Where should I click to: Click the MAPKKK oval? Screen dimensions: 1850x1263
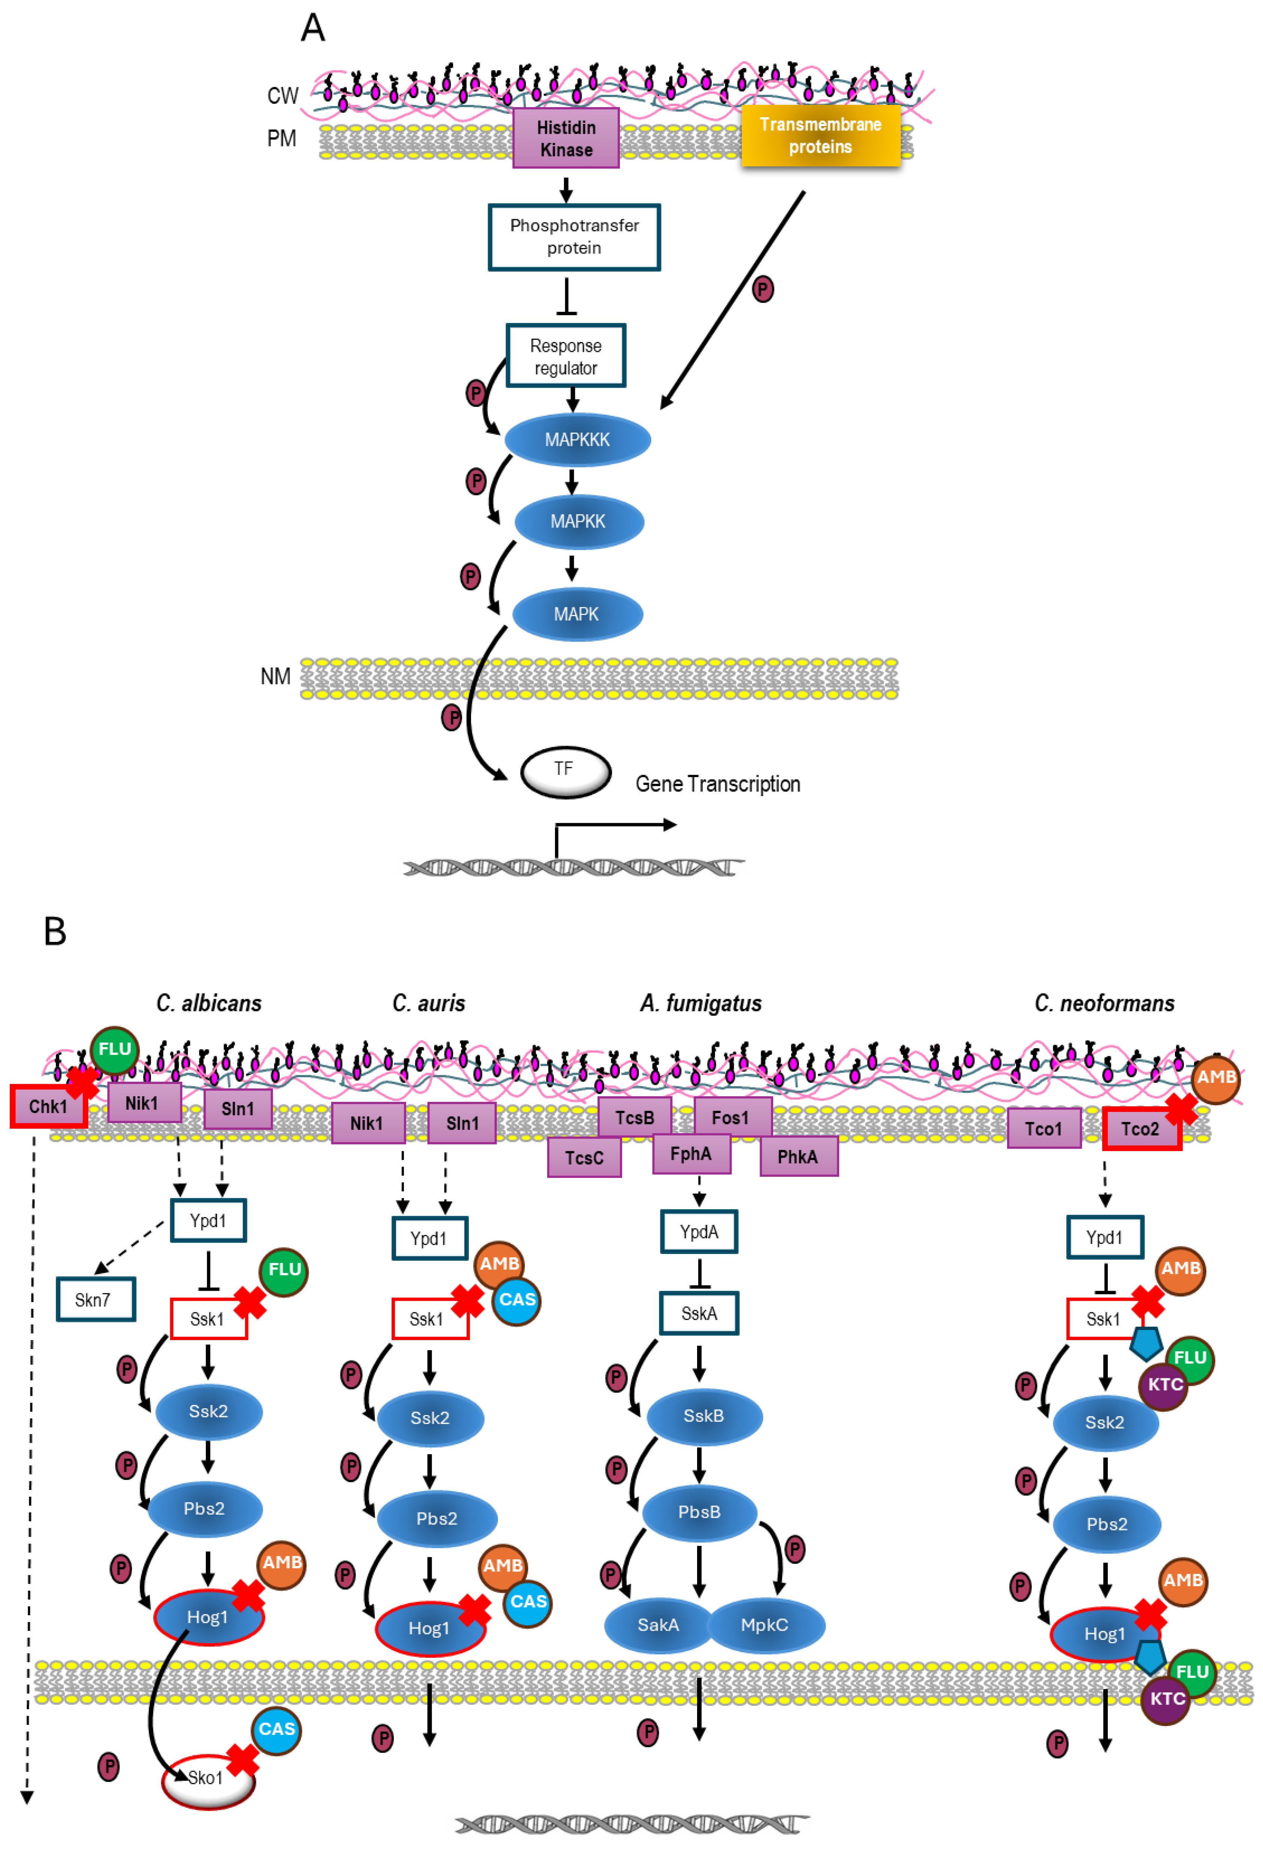tap(578, 439)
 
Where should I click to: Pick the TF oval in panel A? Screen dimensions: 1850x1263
tap(566, 771)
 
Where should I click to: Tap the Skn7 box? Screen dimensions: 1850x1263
tap(95, 1299)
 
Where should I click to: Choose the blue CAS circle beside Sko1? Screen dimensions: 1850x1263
tap(276, 1729)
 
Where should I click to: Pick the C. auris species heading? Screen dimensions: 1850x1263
tap(428, 1003)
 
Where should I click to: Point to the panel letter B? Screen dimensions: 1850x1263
tap(55, 931)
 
